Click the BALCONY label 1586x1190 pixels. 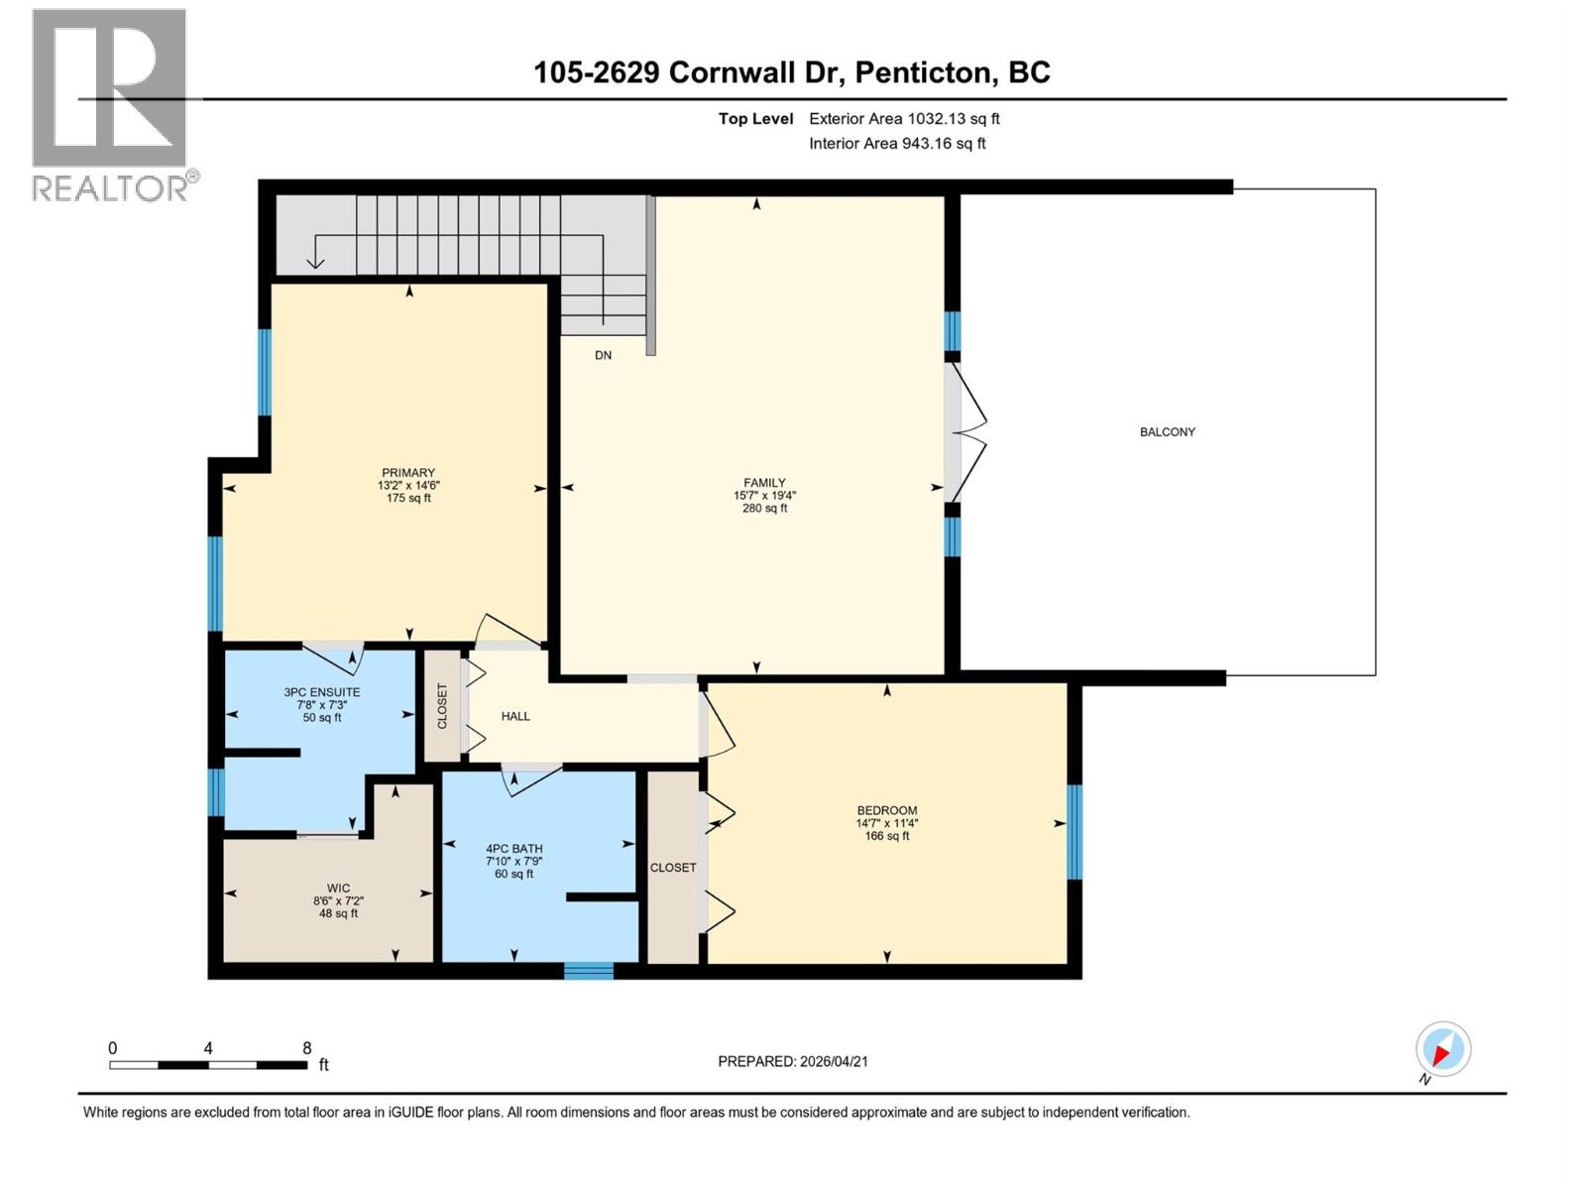(1167, 432)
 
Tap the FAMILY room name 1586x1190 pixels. (764, 483)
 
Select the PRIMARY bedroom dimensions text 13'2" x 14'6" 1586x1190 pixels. (408, 486)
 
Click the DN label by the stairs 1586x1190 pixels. (603, 355)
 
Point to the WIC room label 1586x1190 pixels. (338, 889)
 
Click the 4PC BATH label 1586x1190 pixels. (513, 849)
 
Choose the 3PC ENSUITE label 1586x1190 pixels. (321, 692)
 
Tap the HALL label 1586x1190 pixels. (515, 716)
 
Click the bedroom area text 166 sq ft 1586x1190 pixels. (886, 836)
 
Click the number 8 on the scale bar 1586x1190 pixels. (307, 1048)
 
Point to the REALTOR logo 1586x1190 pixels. (110, 104)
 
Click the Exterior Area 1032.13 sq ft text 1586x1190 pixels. (904, 119)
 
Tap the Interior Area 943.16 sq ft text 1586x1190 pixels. (897, 144)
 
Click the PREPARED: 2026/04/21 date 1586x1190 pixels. (793, 1061)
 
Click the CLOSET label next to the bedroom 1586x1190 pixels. (673, 868)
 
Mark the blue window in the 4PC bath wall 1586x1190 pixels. (589, 971)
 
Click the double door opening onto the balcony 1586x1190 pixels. (965, 432)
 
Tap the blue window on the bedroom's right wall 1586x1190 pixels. (1075, 831)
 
